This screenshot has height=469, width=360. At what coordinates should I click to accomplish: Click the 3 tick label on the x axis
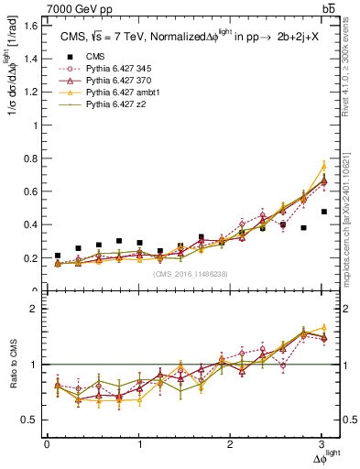pos(323,445)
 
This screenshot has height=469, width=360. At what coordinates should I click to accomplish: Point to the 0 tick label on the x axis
pos(47,445)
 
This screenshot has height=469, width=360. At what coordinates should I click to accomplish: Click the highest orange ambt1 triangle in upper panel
pos(323,166)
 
